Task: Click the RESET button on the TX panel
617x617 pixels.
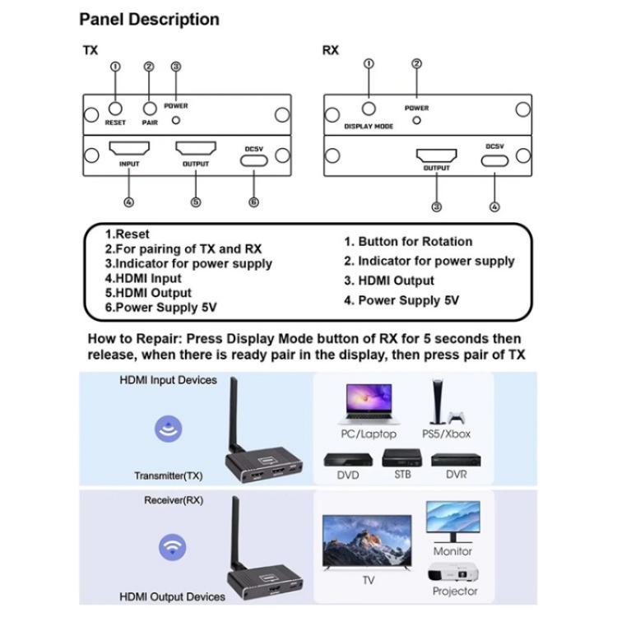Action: click(x=116, y=108)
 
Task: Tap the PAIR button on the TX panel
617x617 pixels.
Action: click(x=149, y=108)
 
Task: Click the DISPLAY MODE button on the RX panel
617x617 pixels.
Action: click(x=369, y=108)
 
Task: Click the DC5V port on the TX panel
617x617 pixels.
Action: click(x=253, y=158)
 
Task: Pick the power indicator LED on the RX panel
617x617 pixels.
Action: click(x=416, y=120)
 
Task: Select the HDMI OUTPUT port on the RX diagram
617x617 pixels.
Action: click(x=436, y=155)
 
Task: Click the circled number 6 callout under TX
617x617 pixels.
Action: click(x=253, y=202)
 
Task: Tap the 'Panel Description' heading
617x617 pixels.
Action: click(x=149, y=19)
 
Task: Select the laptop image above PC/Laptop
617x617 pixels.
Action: click(x=367, y=404)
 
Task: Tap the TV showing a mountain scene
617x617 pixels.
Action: click(x=367, y=542)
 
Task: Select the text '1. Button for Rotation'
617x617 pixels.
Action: click(x=407, y=241)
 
